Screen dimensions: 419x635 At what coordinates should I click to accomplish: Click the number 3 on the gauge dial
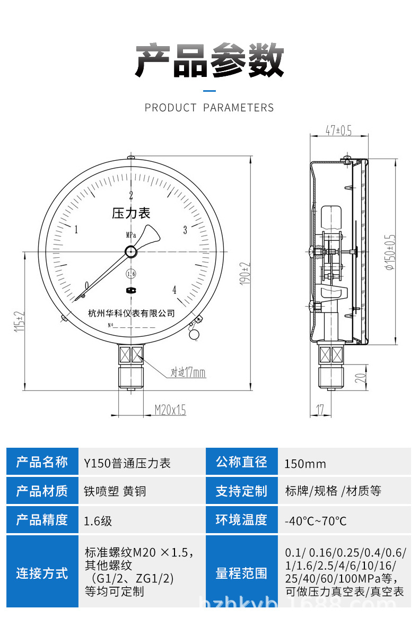(x=185, y=230)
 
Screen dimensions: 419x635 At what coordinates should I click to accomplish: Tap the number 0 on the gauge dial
(x=87, y=286)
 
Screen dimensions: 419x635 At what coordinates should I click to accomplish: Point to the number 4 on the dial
(x=174, y=290)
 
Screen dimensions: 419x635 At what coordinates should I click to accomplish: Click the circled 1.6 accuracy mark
(x=130, y=274)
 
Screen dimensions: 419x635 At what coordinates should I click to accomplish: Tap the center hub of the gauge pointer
(x=130, y=251)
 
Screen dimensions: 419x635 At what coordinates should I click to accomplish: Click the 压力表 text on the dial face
(x=131, y=213)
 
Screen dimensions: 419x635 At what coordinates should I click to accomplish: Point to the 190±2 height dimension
(x=245, y=274)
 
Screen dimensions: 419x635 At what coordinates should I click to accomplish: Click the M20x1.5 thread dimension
(x=170, y=410)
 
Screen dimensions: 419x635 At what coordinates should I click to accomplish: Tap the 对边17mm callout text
(x=188, y=373)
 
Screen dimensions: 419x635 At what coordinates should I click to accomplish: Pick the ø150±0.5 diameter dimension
(x=391, y=252)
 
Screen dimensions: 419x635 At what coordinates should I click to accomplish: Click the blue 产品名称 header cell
(x=42, y=462)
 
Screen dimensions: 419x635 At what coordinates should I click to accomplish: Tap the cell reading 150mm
(x=305, y=464)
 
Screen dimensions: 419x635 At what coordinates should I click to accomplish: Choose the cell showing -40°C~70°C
(x=315, y=520)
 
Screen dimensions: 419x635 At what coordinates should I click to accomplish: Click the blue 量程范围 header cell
(x=241, y=573)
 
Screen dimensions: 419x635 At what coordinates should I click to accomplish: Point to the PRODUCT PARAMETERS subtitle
(x=209, y=108)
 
